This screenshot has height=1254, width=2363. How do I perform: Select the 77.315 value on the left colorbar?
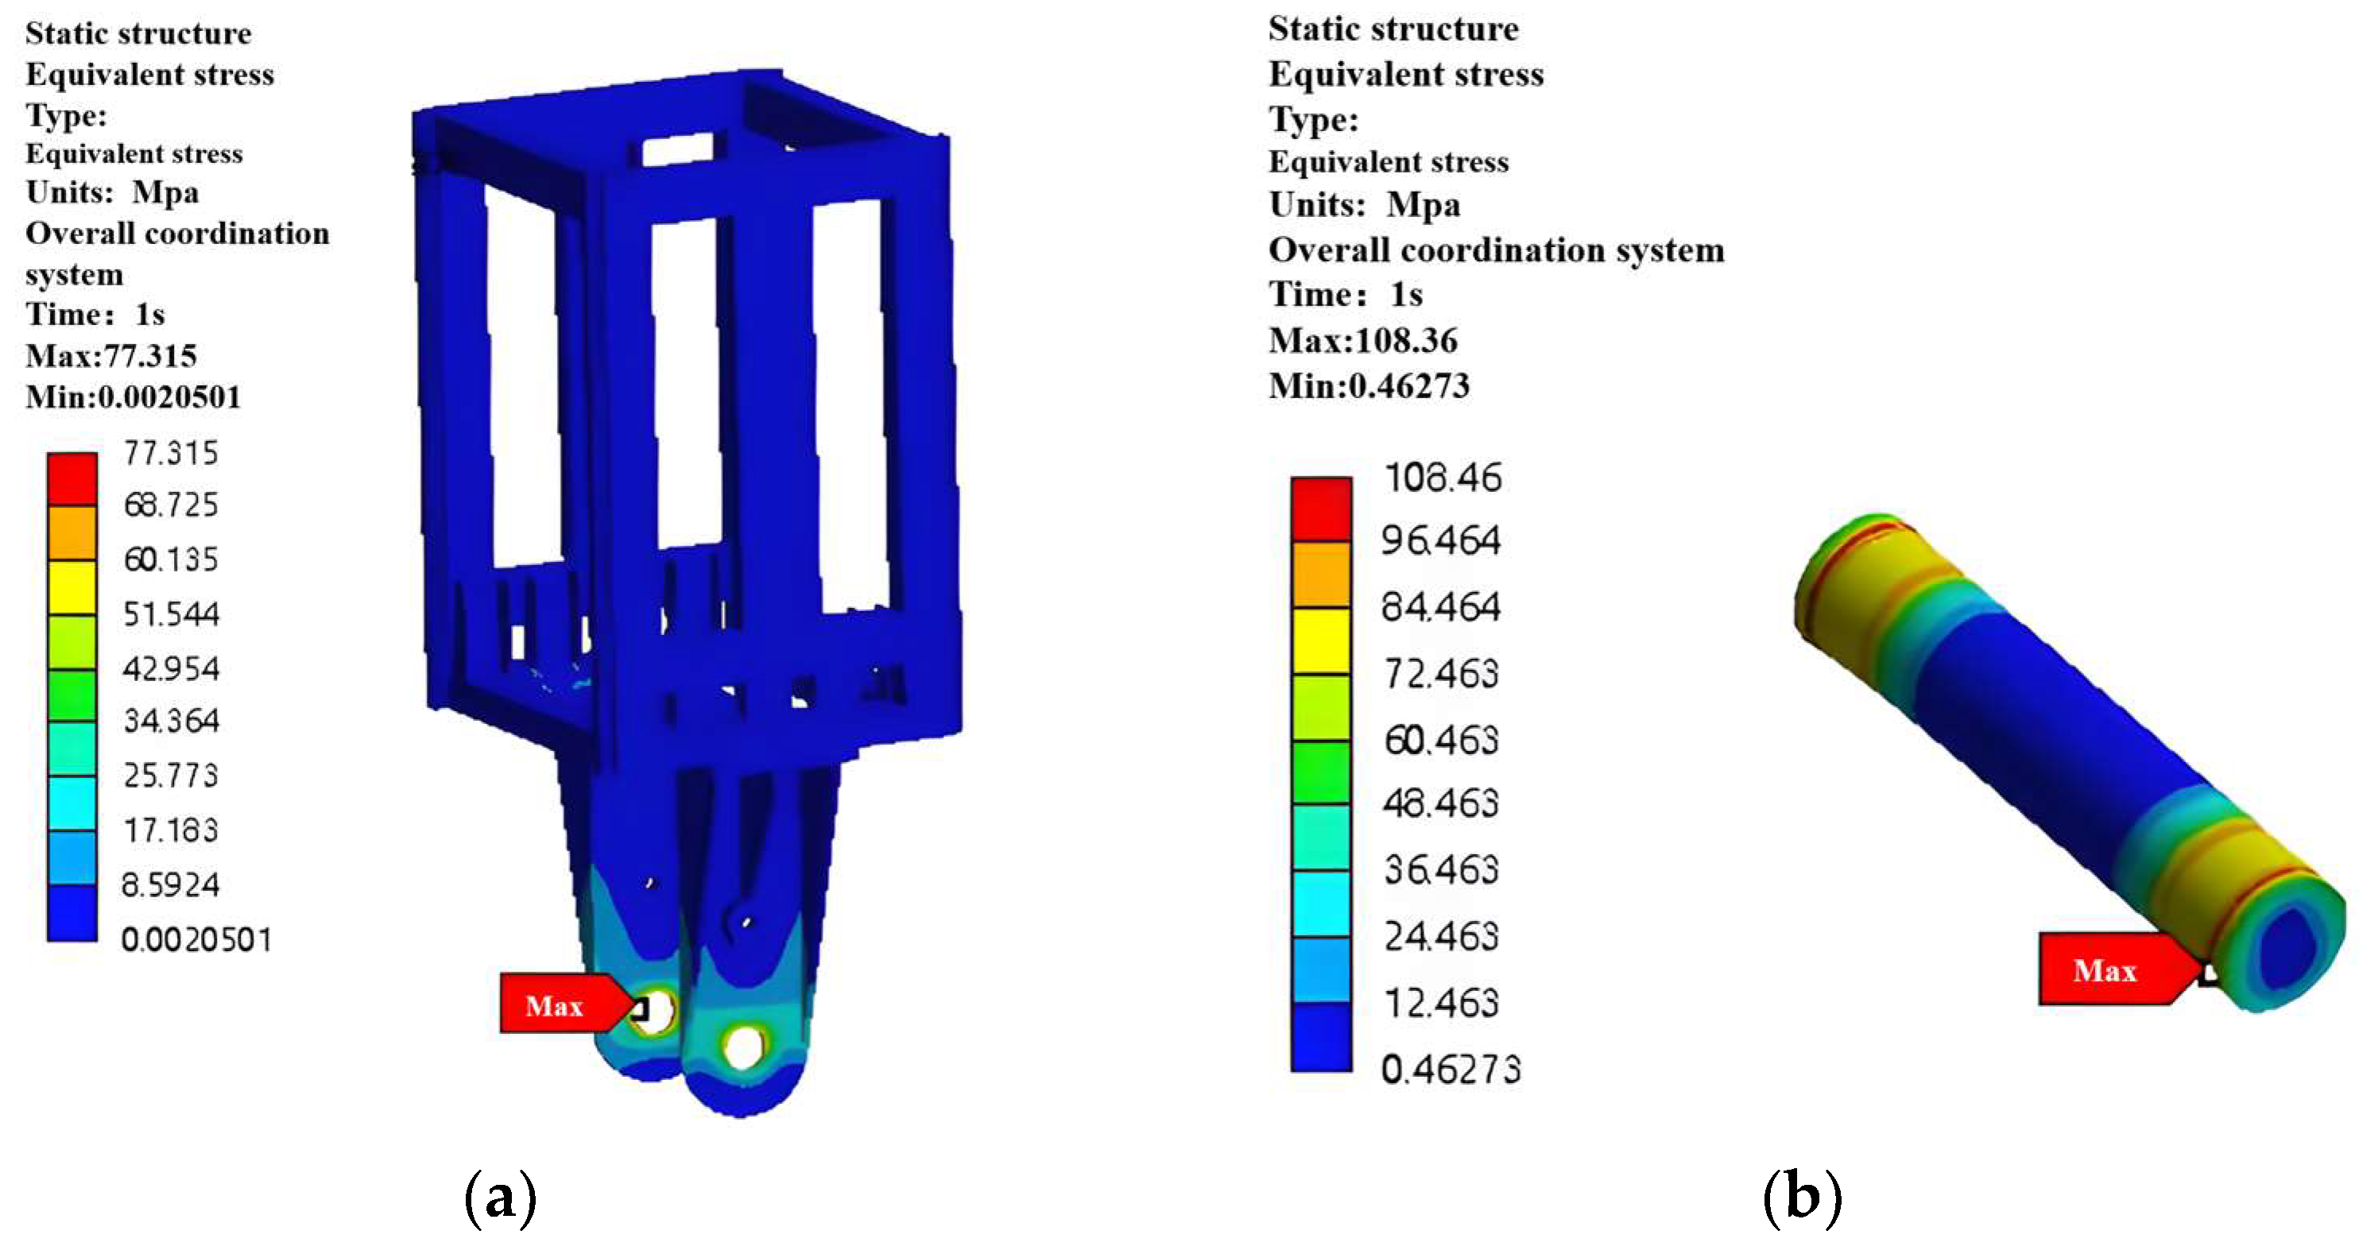(x=171, y=453)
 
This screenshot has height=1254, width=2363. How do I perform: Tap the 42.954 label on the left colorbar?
(x=171, y=669)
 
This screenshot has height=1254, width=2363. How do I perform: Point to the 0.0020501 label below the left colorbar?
(x=196, y=940)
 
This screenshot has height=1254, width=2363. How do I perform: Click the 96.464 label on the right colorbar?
(x=1441, y=540)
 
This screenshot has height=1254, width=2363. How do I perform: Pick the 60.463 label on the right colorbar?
(x=1441, y=739)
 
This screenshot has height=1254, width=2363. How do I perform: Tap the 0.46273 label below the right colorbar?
(x=1451, y=1070)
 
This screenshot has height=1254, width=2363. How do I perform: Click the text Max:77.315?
(x=111, y=356)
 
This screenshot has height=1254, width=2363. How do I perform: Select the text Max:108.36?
(x=1362, y=340)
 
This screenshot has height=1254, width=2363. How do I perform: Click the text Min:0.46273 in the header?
(x=1369, y=386)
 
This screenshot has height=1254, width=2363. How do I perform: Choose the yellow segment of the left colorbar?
(x=72, y=587)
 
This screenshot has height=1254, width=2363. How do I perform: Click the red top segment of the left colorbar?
(x=72, y=479)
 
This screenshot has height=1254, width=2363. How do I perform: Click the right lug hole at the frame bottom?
(x=743, y=1046)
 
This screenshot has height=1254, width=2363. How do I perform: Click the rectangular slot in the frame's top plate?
(x=678, y=149)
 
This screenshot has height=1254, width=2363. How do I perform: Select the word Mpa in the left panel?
(x=165, y=192)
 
